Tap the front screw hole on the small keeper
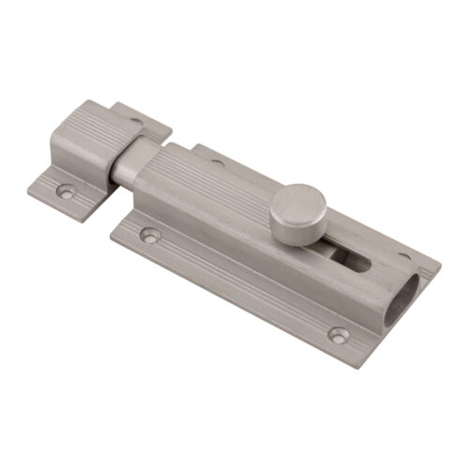click(65, 190)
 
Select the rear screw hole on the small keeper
click(139, 120)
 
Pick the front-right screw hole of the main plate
click(338, 334)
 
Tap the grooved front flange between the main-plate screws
click(244, 291)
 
